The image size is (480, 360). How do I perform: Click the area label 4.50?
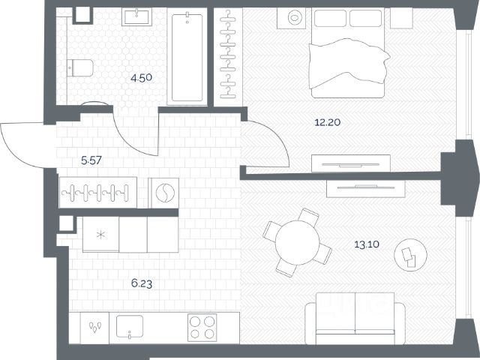point(141,78)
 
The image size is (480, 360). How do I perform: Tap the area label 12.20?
point(328,122)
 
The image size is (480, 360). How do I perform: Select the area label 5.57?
point(91,160)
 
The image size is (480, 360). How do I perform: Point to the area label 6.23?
point(142,283)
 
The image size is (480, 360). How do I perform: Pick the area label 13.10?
point(367,244)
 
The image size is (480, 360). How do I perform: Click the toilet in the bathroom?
point(80,68)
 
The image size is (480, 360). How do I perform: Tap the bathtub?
point(187,57)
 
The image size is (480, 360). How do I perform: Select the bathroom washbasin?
point(136,16)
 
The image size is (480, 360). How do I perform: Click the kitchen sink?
point(130,326)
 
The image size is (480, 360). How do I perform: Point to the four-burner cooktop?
point(202,328)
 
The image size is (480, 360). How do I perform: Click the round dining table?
point(297,242)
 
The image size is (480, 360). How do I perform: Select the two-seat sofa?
point(355,318)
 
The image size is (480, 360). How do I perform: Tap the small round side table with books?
point(410,255)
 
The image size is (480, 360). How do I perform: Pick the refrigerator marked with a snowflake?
point(100,235)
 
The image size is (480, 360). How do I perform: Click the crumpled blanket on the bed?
point(349,63)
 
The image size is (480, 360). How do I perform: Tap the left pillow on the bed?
point(330,18)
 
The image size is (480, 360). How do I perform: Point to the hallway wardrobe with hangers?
point(98,193)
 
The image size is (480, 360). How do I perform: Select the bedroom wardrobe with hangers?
point(228,57)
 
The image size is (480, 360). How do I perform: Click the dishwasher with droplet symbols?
point(94,328)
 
